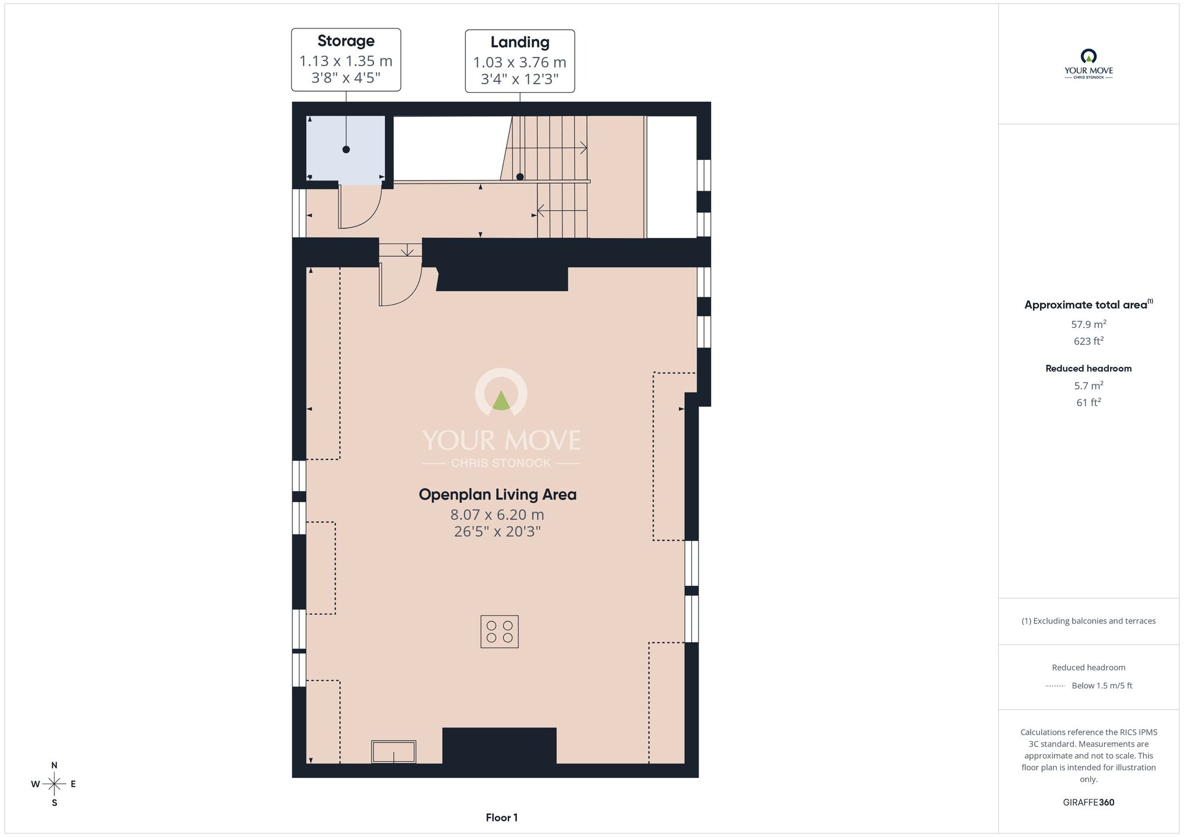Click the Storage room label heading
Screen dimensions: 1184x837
coord(346,41)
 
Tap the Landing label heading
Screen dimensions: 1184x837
coord(520,43)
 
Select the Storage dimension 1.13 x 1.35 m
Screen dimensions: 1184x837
coord(346,61)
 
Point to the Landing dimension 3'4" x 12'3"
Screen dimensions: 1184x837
coord(520,79)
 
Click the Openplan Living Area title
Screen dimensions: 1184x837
coord(497,494)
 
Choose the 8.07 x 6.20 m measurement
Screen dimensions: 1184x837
coord(497,514)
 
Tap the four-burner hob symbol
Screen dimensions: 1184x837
coord(500,632)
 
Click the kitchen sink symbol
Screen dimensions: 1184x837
coord(394,752)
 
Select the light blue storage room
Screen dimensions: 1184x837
coord(346,150)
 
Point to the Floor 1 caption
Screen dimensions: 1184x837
coord(501,817)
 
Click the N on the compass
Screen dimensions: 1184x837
coord(54,765)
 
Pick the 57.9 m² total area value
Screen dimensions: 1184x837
coord(1089,324)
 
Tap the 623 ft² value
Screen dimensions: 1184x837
coord(1089,341)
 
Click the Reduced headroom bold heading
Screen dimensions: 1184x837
coord(1089,368)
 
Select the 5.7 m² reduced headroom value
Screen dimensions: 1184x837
coord(1089,385)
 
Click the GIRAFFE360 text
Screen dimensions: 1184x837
coord(1089,803)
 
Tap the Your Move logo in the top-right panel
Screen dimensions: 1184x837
coord(1089,64)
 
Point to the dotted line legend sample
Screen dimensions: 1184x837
coord(1055,686)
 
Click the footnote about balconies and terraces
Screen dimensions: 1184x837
coord(1089,621)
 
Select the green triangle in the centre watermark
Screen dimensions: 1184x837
coord(501,401)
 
